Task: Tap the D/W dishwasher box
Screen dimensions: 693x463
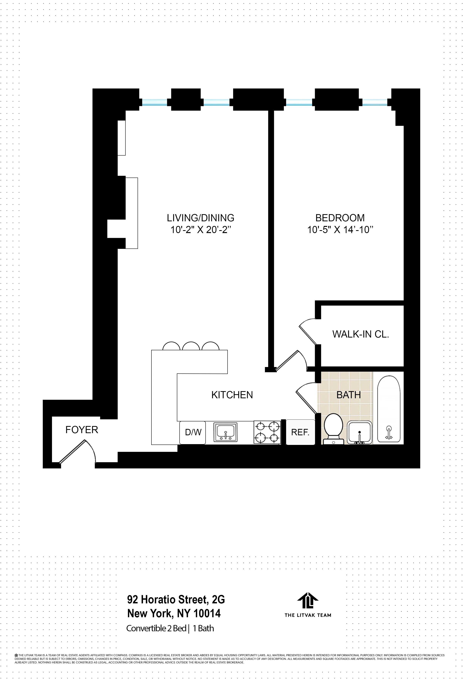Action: [x=193, y=432]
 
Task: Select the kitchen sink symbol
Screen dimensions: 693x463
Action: [x=225, y=432]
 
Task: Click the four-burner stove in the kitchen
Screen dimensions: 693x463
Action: [x=267, y=432]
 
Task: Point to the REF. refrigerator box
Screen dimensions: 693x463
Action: [x=300, y=432]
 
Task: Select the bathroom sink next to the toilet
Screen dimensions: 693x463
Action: [x=359, y=432]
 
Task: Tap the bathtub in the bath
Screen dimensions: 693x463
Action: [x=389, y=409]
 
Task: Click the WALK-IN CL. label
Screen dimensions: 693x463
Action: [x=360, y=334]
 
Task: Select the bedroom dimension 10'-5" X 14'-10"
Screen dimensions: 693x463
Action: [x=340, y=230]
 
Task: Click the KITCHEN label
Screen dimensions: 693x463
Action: [x=232, y=395]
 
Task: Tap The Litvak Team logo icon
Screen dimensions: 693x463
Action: [x=308, y=600]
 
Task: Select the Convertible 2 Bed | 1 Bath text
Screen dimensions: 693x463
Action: [x=170, y=628]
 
